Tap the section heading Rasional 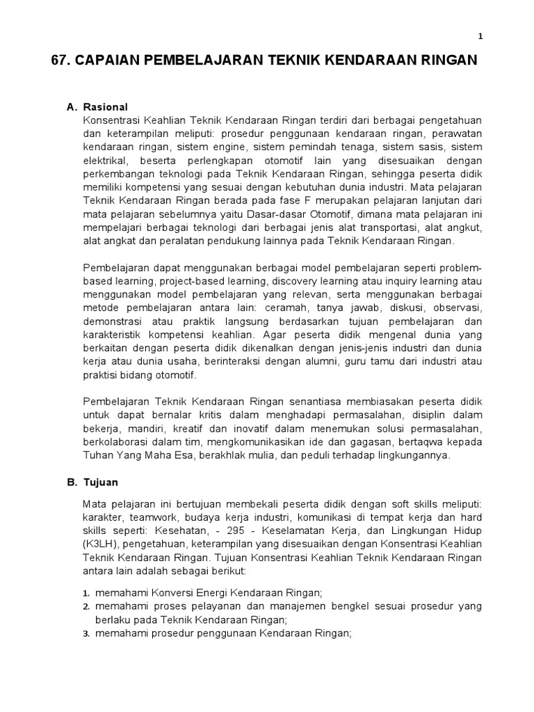106,107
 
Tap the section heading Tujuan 102,482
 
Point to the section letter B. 71,482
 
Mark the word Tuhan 97,455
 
